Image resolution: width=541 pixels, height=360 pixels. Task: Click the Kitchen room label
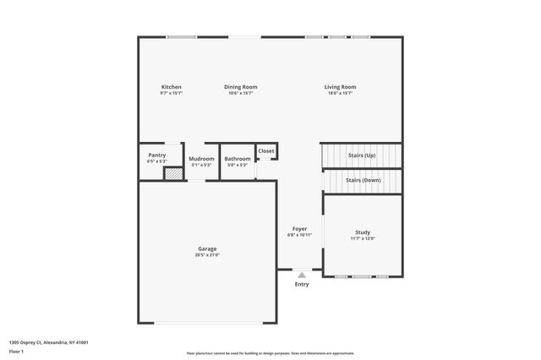tap(172, 87)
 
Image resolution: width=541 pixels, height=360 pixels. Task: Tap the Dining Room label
tap(241, 87)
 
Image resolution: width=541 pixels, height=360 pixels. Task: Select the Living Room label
tap(341, 87)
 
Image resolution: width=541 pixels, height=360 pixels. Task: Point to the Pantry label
tap(157, 155)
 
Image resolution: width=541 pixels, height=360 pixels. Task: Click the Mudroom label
tap(201, 159)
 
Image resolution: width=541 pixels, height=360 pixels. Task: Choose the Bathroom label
tap(238, 159)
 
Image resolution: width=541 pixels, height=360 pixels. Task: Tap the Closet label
tap(266, 150)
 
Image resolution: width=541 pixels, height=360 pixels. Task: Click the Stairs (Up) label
tap(361, 155)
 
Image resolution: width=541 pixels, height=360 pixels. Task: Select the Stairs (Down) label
tap(363, 180)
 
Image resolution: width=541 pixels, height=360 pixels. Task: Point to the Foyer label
tap(299, 228)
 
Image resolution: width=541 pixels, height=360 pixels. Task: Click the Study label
tap(363, 232)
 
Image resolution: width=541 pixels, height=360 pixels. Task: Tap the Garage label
tap(208, 248)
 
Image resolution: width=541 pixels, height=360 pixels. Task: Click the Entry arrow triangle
tap(302, 275)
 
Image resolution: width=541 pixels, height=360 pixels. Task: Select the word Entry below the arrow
tap(302, 284)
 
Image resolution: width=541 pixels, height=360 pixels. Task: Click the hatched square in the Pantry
tap(172, 174)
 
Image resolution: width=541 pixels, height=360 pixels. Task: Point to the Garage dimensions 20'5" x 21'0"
tap(208, 254)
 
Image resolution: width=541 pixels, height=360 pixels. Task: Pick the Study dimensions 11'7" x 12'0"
tap(363, 238)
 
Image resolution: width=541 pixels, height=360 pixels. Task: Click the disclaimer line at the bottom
tap(270, 353)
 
